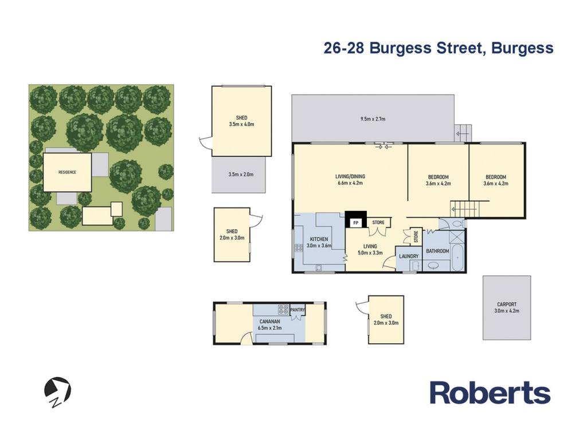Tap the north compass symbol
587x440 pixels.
click(57, 392)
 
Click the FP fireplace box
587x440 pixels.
click(355, 223)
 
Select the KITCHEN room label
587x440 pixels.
click(319, 239)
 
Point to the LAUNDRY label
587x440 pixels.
click(408, 256)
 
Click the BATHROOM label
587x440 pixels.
click(437, 251)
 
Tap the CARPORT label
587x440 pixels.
click(507, 304)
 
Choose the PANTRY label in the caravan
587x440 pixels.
click(298, 310)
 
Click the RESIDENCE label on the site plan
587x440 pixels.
click(68, 172)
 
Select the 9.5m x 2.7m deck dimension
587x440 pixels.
click(373, 119)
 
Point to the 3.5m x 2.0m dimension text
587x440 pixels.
click(241, 174)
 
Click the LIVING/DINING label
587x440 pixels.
click(350, 176)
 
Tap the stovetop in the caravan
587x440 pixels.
click(283, 309)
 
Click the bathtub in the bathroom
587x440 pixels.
click(457, 257)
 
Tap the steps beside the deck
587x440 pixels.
click(463, 133)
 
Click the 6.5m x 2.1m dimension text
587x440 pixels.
click(270, 328)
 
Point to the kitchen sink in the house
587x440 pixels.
click(319, 267)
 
